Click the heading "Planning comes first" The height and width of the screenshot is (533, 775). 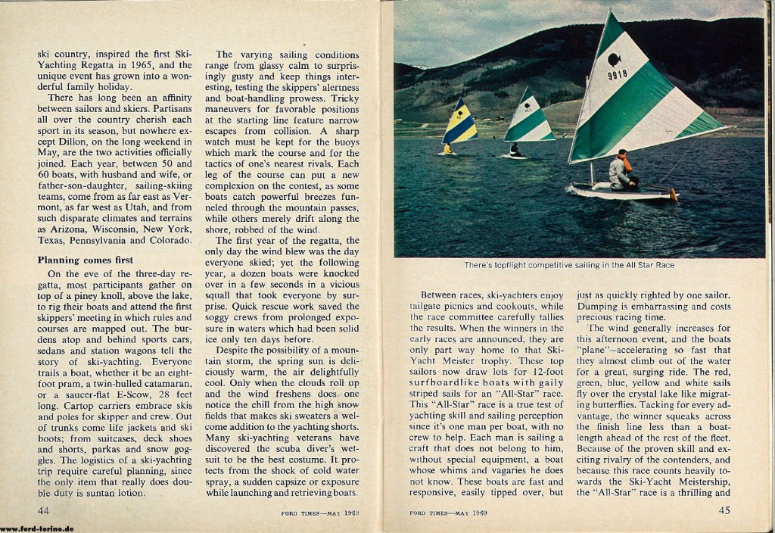coord(85,260)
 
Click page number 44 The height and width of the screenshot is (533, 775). coord(44,510)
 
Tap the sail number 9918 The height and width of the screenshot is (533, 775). coord(618,75)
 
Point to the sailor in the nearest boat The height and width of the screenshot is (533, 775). coord(622,170)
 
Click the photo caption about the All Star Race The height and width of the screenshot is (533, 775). coord(568,266)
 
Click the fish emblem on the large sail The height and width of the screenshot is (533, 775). coord(615,59)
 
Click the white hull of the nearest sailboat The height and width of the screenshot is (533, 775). coord(621,192)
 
